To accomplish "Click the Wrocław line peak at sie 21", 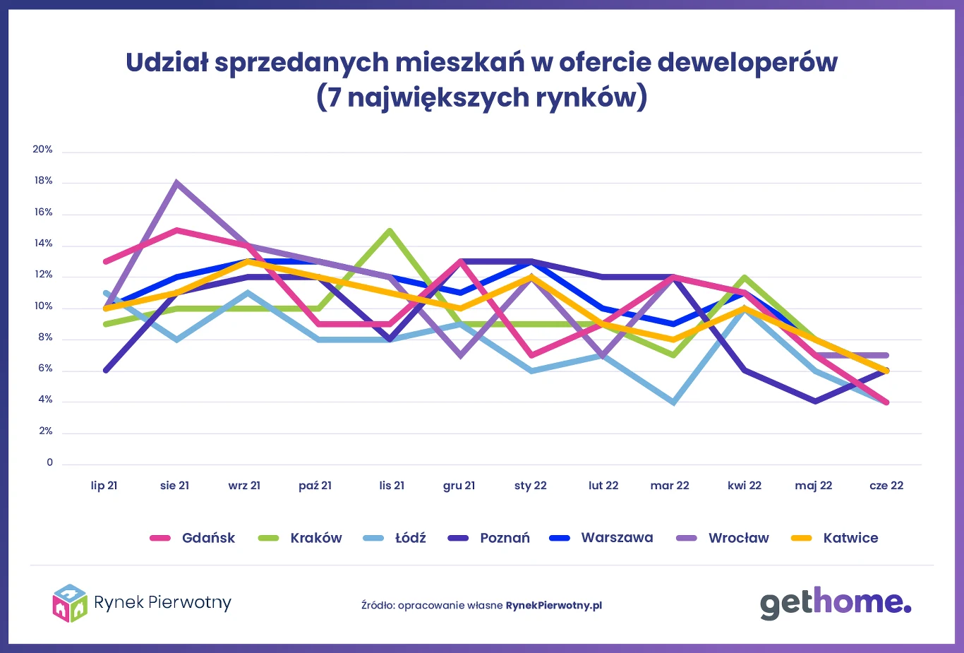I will coord(176,183).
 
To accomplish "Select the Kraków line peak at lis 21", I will coord(390,230).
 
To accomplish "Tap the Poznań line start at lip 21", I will coord(105,371).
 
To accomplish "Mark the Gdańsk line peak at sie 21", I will coord(176,230).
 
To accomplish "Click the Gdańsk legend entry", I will coord(193,538).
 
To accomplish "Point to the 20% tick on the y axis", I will coord(42,150).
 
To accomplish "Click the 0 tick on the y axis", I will coord(49,462).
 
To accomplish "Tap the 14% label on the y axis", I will coord(42,244).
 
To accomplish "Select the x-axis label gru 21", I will coord(459,486).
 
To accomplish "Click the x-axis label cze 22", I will coord(886,486).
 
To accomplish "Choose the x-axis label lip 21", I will coord(104,486).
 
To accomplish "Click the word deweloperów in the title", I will coord(747,63).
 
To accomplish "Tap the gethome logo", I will coord(835,603).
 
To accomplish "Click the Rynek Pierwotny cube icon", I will coord(70,603).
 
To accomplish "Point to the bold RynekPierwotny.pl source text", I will coord(554,606).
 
